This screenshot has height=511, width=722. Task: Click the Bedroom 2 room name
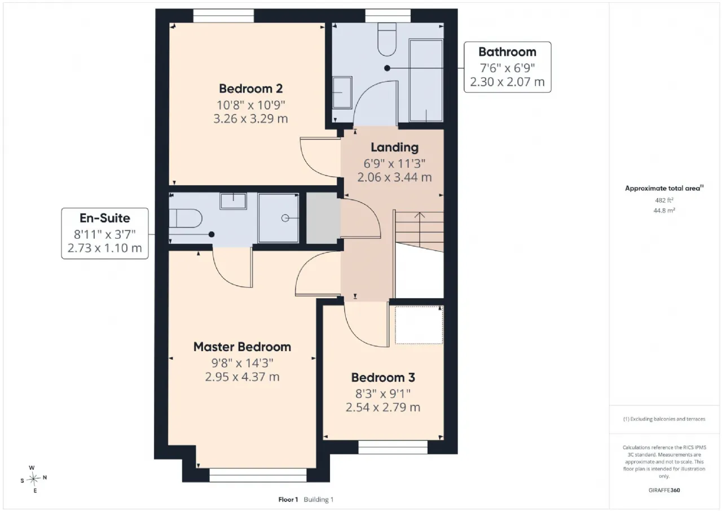pos(251,89)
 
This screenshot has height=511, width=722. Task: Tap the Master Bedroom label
pos(242,347)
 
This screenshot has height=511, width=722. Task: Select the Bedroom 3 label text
pos(383,377)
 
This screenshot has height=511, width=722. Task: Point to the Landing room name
pos(394,147)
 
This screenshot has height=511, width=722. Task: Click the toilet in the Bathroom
pos(387,40)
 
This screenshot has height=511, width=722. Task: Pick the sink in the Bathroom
pos(342,93)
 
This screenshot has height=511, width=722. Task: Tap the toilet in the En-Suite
pos(186,219)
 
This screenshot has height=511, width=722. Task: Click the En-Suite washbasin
pos(233,201)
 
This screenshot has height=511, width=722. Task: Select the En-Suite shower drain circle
pos(285,218)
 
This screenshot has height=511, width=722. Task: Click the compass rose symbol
pos(33,479)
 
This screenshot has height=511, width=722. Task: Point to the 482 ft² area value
pos(664,200)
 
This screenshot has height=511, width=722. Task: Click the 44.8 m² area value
pos(664,211)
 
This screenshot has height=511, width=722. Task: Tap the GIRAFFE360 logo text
pos(664,490)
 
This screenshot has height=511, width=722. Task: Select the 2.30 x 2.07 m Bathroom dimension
pos(507,82)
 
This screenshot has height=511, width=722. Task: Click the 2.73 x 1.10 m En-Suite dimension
pos(105,248)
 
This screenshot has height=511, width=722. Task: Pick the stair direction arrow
pos(419,230)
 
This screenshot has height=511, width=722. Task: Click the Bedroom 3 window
pos(393,447)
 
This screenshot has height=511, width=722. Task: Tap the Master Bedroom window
pos(258,475)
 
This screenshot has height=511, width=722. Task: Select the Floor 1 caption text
pos(288,500)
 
